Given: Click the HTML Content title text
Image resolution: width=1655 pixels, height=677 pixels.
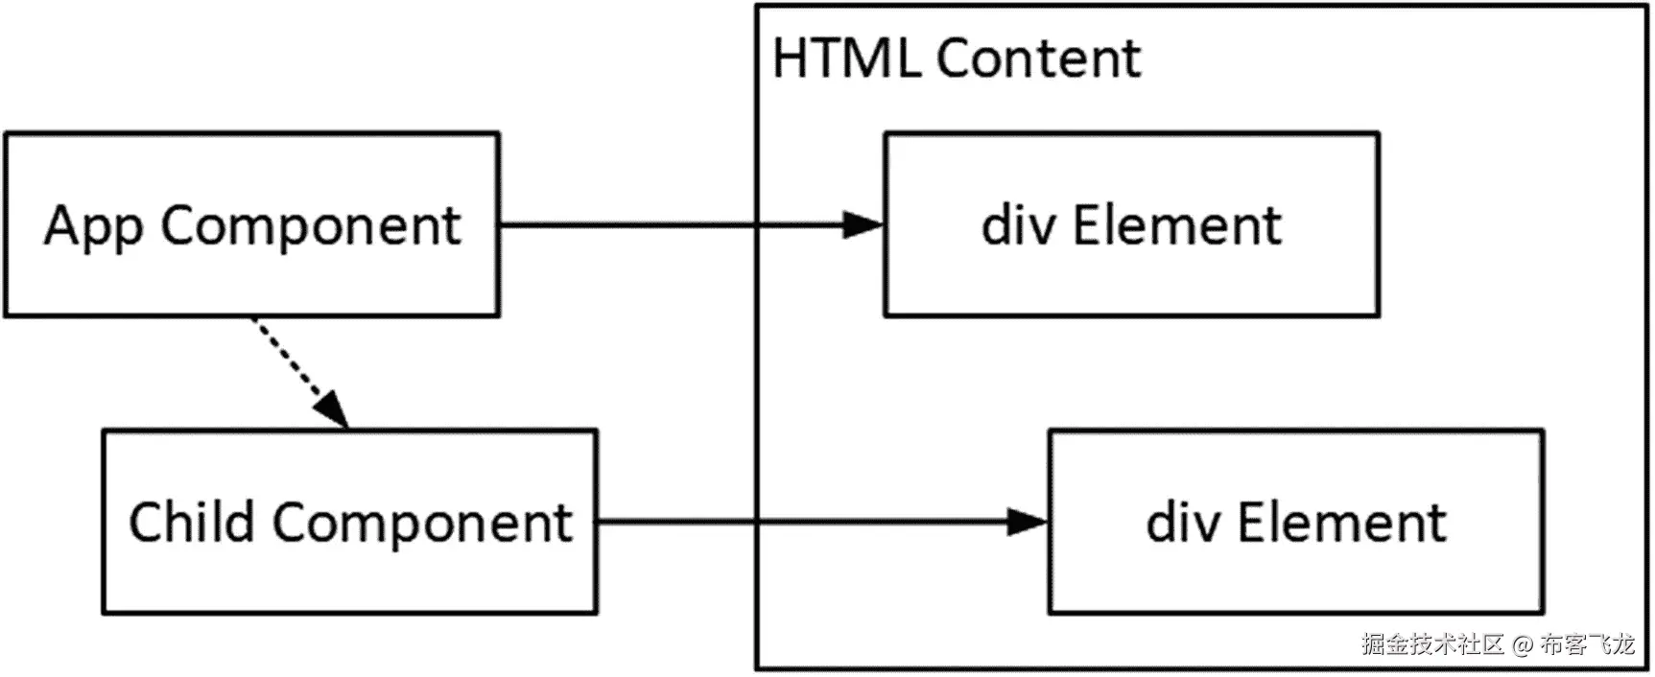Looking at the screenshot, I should click(957, 58).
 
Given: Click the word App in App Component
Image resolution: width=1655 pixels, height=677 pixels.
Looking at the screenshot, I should click(94, 228).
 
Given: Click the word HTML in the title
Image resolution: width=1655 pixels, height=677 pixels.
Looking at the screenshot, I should click(845, 58).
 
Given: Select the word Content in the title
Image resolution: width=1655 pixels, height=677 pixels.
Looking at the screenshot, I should click(1038, 58).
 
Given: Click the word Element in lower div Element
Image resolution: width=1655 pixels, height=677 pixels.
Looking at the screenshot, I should click(1341, 523).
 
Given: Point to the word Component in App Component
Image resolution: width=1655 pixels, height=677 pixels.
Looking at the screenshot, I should click(310, 228).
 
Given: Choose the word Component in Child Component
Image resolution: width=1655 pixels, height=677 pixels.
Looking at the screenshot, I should click(421, 525).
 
